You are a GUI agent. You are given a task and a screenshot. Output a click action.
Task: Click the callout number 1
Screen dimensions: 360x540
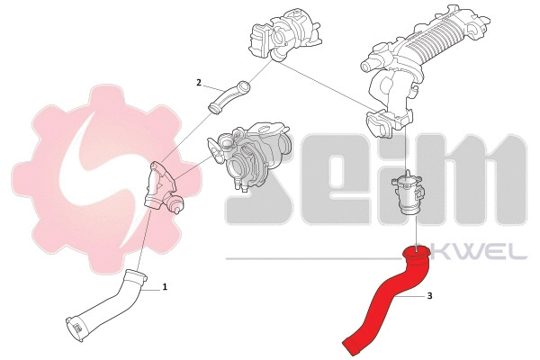click(x=166, y=288)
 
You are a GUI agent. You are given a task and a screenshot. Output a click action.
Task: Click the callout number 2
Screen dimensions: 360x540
click(x=198, y=82)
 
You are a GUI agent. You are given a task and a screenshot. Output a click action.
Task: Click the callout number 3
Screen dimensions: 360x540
click(x=429, y=295)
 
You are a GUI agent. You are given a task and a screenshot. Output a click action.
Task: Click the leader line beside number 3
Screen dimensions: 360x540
click(x=415, y=294)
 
